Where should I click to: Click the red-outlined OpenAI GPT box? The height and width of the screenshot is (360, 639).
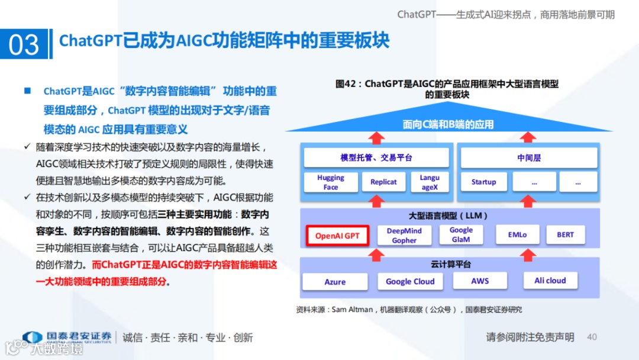[x=337, y=236]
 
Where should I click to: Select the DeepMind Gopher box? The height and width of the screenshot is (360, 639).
[x=404, y=236]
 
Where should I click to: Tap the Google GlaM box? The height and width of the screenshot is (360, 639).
[x=461, y=234]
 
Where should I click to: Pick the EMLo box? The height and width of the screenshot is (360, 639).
[x=517, y=234]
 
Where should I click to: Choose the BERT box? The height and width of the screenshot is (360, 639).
[x=565, y=234]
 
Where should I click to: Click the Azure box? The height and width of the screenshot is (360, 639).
[x=335, y=282]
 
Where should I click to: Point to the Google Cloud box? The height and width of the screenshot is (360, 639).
[x=410, y=282]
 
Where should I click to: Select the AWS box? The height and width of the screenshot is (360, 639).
[x=480, y=281]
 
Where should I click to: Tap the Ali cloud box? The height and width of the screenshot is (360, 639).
[x=550, y=281]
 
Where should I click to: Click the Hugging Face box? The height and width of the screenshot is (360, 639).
[x=331, y=182]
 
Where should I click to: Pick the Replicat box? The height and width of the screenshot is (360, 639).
[x=383, y=182]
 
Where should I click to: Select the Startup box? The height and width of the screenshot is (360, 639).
[x=483, y=182]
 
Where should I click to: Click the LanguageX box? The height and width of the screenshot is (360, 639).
[x=430, y=182]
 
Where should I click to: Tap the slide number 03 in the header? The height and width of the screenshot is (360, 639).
[x=24, y=45]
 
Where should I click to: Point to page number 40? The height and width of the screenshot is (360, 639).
[x=592, y=337]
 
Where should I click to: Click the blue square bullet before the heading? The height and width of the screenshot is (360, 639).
[x=27, y=91]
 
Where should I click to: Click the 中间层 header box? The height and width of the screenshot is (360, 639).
[x=529, y=158]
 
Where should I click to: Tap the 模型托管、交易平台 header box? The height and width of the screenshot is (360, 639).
[x=376, y=158]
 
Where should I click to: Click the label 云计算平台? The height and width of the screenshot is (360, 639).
[x=451, y=264]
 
